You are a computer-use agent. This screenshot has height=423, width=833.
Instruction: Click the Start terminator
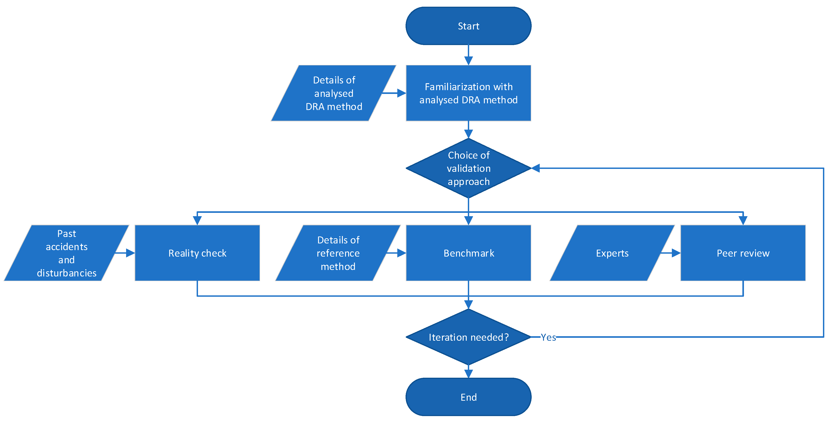[x=468, y=26]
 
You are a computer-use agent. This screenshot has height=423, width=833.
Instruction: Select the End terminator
[x=468, y=397]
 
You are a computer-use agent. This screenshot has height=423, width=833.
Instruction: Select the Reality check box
[x=197, y=253]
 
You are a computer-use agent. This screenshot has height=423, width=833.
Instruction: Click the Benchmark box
[x=468, y=253]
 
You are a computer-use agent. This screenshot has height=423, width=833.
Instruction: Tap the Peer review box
[x=743, y=253]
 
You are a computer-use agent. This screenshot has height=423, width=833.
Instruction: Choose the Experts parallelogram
[x=612, y=253]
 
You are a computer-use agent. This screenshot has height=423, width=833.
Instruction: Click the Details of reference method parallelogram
[x=338, y=253]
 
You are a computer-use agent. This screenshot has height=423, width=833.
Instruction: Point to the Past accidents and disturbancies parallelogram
[x=66, y=253]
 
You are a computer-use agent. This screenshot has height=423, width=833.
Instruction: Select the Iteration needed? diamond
[x=468, y=337]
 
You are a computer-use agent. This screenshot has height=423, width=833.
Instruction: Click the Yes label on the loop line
[x=548, y=337]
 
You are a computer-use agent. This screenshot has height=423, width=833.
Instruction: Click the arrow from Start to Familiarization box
[x=468, y=55]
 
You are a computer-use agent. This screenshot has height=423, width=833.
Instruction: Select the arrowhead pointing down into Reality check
[x=197, y=220]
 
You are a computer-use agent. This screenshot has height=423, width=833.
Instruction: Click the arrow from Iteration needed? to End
[x=468, y=372]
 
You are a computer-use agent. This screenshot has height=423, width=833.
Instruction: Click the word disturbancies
[x=67, y=273]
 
